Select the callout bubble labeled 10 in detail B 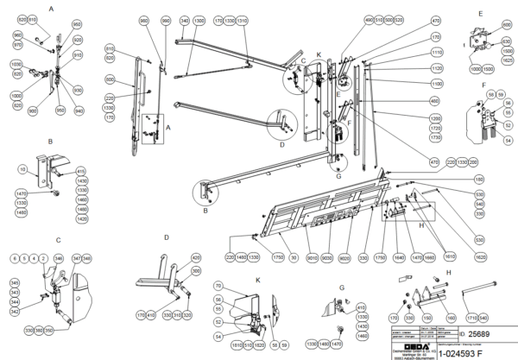(x=22, y=170)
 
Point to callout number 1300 (x=199, y=19)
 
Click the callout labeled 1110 (x=436, y=52)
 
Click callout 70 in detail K (x=218, y=286)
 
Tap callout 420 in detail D (x=196, y=258)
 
